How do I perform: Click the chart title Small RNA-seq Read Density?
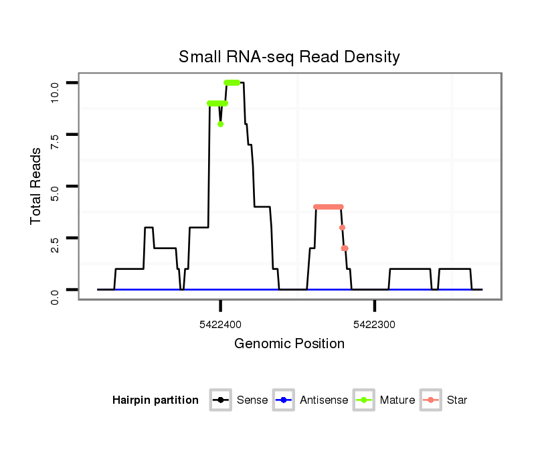click(x=289, y=57)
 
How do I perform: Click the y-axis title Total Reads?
click(x=37, y=187)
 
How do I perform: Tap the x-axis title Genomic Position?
click(x=289, y=344)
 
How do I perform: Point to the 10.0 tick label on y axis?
click(x=55, y=89)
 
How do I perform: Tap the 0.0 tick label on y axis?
click(x=55, y=296)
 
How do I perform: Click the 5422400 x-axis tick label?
click(x=220, y=325)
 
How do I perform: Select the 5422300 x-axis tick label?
click(x=375, y=325)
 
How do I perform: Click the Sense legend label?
click(x=252, y=400)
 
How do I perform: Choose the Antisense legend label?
click(x=324, y=400)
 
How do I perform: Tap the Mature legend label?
click(x=397, y=400)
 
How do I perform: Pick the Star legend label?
click(x=456, y=400)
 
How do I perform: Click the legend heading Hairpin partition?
click(x=155, y=400)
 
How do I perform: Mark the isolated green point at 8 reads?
click(x=220, y=124)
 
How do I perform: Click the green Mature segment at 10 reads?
click(x=232, y=83)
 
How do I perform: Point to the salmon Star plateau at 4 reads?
click(x=328, y=207)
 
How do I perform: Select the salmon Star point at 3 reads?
click(x=342, y=228)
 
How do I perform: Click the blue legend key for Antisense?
click(x=284, y=400)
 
